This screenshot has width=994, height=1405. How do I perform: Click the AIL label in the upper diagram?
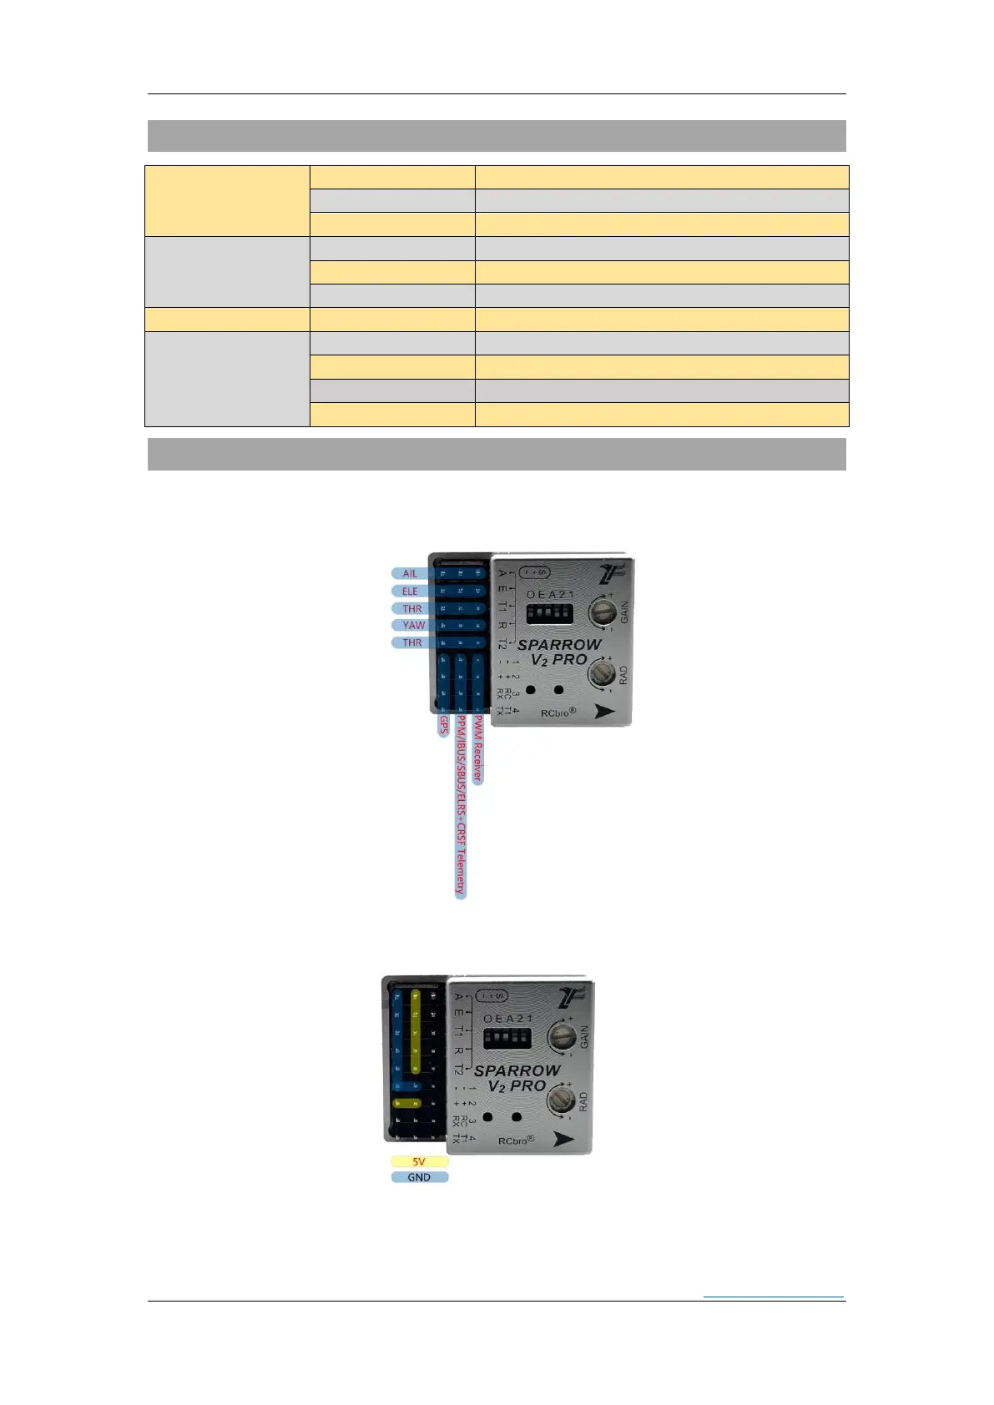click(x=410, y=573)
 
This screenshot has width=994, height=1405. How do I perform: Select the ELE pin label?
click(x=410, y=591)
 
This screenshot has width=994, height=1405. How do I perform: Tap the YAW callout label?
click(x=413, y=625)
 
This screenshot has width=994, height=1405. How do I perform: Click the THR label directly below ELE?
click(x=412, y=608)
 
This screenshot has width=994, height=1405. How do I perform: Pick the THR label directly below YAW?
click(x=412, y=642)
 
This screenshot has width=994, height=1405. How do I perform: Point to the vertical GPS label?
click(x=444, y=725)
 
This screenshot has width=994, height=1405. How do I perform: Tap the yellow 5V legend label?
click(x=419, y=1161)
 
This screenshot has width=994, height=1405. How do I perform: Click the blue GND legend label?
click(x=419, y=1177)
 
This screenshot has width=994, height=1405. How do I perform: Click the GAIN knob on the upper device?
click(x=603, y=611)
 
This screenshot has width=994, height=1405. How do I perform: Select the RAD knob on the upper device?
click(x=602, y=672)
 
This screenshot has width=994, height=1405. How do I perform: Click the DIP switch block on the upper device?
click(x=549, y=614)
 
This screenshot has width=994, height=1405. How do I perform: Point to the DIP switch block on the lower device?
click(x=507, y=1039)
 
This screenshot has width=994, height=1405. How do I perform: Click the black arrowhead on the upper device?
click(x=603, y=711)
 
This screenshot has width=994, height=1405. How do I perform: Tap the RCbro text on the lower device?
click(x=515, y=1141)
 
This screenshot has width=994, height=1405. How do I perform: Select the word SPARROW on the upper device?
click(x=559, y=645)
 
